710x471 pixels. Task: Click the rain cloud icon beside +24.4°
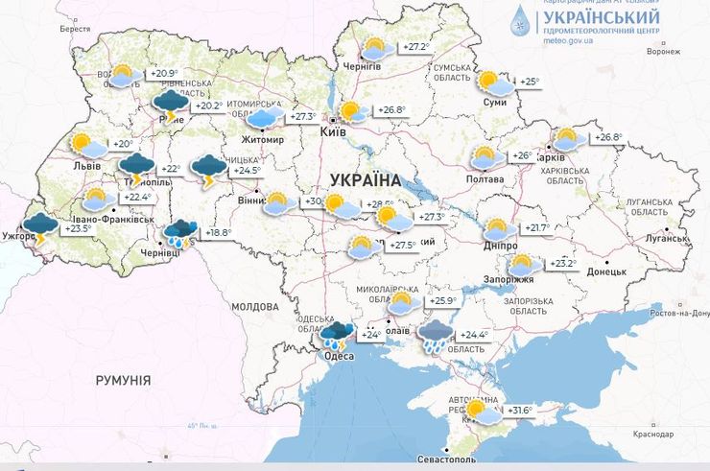tap(437, 336)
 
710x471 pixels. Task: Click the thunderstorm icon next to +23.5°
tap(40, 228)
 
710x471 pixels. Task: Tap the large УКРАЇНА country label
tap(365, 179)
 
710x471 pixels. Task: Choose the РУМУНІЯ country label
tap(123, 381)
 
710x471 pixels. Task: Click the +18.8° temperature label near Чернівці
tap(218, 232)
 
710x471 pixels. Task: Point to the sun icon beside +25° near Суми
tap(492, 82)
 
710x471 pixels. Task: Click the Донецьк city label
tap(606, 271)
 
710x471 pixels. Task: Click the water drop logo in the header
tap(494, 19)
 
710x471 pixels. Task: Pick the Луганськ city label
tap(664, 236)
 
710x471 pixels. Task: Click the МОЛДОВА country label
tap(255, 307)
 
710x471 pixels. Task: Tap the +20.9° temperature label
tap(165, 74)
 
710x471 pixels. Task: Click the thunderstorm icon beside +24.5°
tap(208, 171)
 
